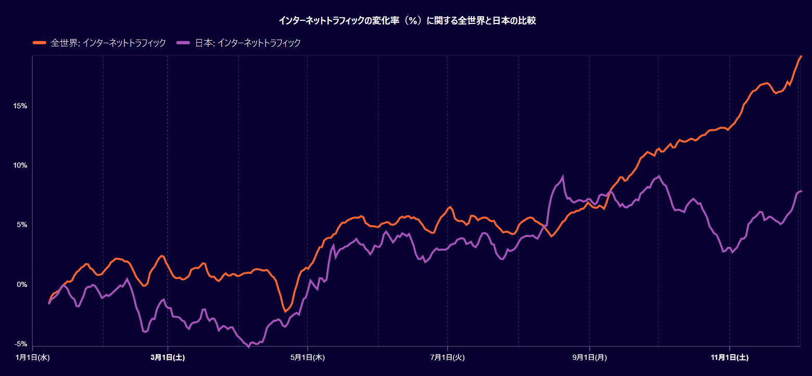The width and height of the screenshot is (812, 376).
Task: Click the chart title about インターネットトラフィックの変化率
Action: [x=407, y=21]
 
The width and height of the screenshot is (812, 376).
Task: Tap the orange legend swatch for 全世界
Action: [x=40, y=43]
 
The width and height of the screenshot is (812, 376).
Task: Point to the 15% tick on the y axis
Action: [x=20, y=106]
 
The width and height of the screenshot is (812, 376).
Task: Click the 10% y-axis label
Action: [x=20, y=166]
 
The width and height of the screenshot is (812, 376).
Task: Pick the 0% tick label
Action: [x=22, y=285]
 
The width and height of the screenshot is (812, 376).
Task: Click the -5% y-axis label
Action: [x=21, y=344]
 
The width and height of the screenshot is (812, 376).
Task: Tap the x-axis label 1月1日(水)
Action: [x=33, y=357]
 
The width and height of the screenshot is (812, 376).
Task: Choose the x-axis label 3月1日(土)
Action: [x=168, y=357]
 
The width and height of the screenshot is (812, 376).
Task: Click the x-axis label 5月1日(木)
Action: [x=308, y=357]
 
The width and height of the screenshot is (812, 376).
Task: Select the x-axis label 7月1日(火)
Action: [x=448, y=357]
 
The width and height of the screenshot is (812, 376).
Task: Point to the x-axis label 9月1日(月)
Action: [x=590, y=357]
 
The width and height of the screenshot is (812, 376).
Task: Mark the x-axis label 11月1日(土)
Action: [x=730, y=357]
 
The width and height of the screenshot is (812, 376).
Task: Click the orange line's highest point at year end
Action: [x=801, y=56]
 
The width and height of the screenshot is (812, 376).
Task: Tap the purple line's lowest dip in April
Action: [x=249, y=347]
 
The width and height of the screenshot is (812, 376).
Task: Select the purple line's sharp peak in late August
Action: [x=563, y=176]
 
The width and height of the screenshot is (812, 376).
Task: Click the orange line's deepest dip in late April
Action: [x=285, y=311]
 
